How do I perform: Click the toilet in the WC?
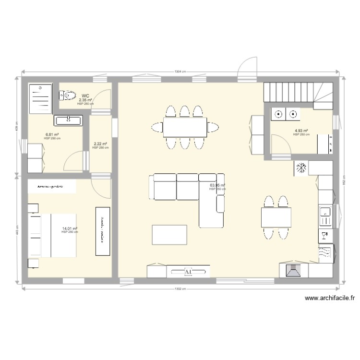[x=69, y=96]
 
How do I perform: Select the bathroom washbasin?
[x=69, y=120]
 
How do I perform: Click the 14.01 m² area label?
[x=70, y=229]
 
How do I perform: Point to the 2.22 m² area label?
[x=100, y=144]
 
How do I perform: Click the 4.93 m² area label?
[x=301, y=131]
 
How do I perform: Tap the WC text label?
[x=85, y=96]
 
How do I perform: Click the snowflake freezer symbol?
[x=301, y=168]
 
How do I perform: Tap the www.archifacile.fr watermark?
[x=330, y=298]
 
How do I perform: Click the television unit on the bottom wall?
[x=188, y=272]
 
